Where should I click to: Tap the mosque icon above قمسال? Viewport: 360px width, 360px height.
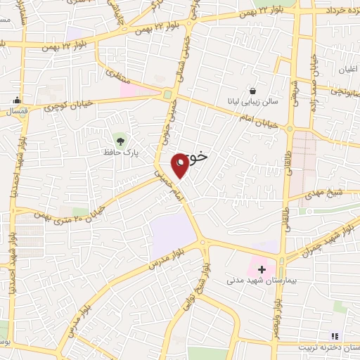tap(15, 99)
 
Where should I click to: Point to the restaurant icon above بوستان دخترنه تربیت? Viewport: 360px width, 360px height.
tap(334, 336)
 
